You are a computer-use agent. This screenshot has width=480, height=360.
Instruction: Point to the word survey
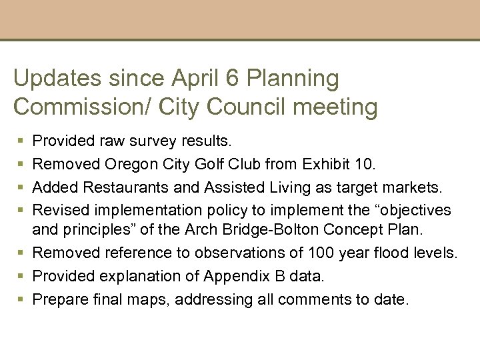coord(154,141)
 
